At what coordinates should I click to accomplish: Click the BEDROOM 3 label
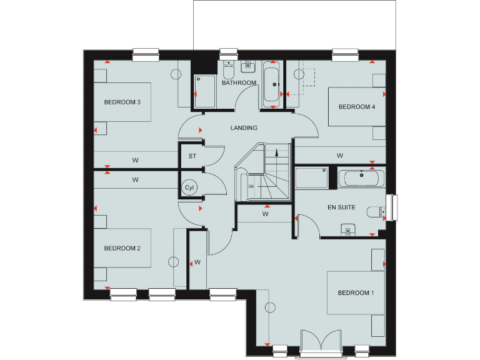coord(122,102)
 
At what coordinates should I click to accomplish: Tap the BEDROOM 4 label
coord(357,107)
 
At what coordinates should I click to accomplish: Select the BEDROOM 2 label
coord(122,248)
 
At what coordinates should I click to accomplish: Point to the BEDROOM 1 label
coord(356,292)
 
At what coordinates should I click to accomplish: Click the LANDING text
coord(244,127)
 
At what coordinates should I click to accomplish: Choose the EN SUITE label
coord(341,207)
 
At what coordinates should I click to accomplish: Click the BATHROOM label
coord(239,82)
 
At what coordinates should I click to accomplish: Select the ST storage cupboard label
coord(192,156)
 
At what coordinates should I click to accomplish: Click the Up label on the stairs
coord(251,186)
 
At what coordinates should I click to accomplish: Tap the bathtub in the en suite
coord(361,178)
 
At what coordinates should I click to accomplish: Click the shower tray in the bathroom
coord(204,91)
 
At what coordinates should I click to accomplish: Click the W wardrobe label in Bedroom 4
coord(340,155)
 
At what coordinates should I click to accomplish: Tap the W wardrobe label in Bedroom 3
coord(135,161)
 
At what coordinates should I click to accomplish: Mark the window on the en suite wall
coord(393,207)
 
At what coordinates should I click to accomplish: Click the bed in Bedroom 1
coord(355,293)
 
